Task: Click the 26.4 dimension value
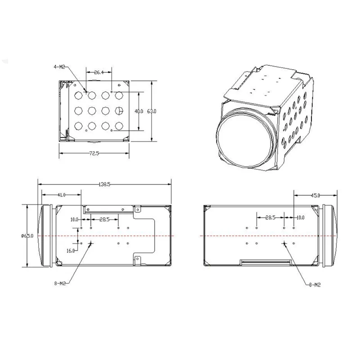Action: tap(99, 72)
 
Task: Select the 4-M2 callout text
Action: tap(59, 67)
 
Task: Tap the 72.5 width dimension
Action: tap(94, 153)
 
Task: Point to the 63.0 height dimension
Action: tap(152, 111)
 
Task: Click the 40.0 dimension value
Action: tap(139, 111)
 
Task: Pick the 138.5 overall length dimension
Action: tap(105, 184)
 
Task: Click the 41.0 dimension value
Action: tap(62, 195)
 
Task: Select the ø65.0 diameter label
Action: tap(27, 236)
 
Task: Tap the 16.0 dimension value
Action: tap(71, 251)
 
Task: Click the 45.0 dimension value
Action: tap(315, 195)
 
